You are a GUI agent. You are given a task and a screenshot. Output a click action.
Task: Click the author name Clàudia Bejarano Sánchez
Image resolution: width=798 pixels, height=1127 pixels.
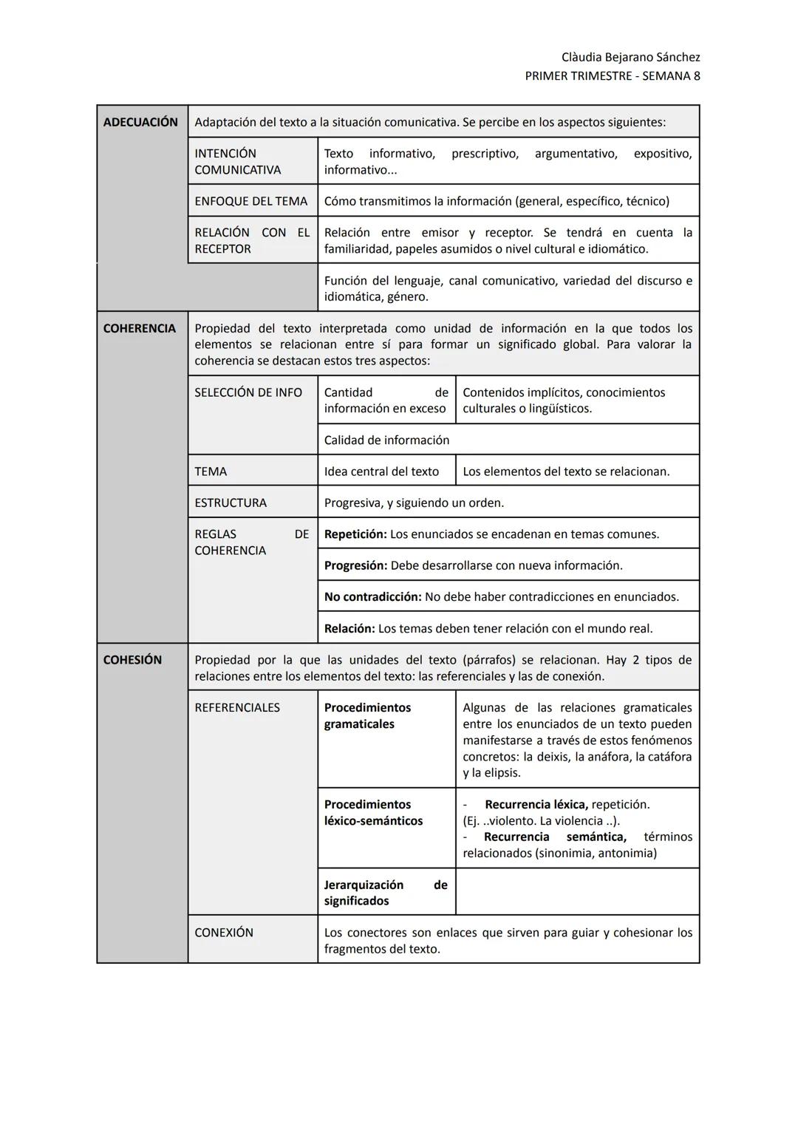630,57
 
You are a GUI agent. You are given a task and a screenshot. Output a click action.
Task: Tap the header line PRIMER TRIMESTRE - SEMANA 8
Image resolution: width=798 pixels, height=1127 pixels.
612,75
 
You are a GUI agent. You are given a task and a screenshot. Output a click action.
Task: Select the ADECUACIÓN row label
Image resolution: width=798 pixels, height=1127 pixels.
140,122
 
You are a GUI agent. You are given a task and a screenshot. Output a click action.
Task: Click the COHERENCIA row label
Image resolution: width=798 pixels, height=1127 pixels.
140,328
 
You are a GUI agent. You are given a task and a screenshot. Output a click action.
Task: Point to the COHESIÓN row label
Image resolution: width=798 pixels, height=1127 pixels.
132,660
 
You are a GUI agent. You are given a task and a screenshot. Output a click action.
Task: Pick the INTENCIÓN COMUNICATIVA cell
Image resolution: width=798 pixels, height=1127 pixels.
238,162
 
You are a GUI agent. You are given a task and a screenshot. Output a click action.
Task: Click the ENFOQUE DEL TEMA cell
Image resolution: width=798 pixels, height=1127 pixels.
250,201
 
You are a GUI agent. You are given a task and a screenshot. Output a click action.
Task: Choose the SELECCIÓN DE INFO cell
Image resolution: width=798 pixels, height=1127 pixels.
248,392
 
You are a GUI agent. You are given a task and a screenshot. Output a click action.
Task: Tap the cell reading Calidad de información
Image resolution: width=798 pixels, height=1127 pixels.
386,440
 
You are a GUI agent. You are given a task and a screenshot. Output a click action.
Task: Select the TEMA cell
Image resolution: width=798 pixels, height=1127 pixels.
211,471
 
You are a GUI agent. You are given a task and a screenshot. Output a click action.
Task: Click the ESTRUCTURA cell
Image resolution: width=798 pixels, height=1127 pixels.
231,503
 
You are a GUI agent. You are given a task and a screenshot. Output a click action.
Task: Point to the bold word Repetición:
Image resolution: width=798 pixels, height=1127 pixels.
355,534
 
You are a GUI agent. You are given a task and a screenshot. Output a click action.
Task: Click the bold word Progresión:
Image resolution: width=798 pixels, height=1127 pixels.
355,565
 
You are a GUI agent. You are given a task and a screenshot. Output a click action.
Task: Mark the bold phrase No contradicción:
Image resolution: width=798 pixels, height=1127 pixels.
372,596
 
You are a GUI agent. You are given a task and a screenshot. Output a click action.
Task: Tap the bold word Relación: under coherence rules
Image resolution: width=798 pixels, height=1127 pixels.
349,628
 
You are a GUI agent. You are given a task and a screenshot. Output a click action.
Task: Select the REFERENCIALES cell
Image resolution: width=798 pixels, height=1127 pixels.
237,707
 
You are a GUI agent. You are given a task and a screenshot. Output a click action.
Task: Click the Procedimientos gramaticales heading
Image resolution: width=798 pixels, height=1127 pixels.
367,715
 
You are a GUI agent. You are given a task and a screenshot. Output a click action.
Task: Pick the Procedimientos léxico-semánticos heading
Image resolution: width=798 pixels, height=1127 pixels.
373,812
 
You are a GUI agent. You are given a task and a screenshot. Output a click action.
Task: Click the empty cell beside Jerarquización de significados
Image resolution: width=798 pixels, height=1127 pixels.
577,892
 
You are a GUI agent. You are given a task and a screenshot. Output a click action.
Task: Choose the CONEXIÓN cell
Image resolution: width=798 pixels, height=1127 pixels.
224,933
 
